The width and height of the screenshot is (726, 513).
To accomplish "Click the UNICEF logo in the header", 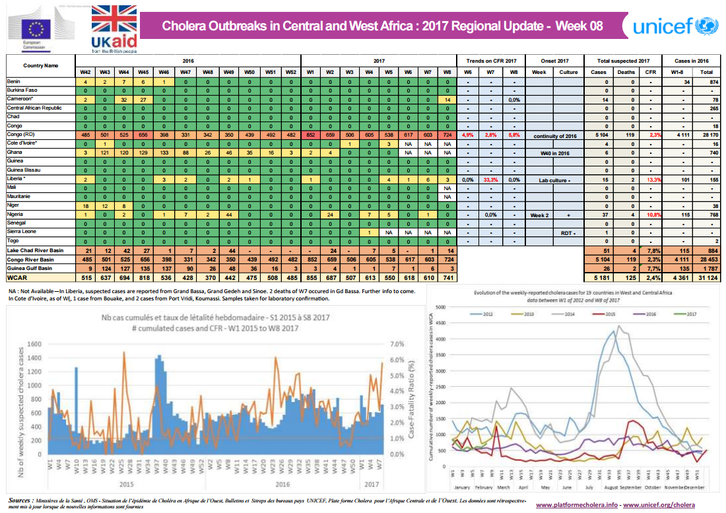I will [x=673, y=26].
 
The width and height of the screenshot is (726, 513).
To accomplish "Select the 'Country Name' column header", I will [x=40, y=65].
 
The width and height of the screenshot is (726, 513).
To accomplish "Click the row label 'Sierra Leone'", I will [x=21, y=232].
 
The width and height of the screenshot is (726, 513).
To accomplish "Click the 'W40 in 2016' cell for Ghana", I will [x=554, y=153].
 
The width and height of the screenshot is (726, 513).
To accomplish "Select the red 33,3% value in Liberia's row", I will [x=490, y=179].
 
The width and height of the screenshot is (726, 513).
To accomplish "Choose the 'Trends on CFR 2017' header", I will [x=490, y=59].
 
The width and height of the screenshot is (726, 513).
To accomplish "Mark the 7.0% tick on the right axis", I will [x=397, y=344].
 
